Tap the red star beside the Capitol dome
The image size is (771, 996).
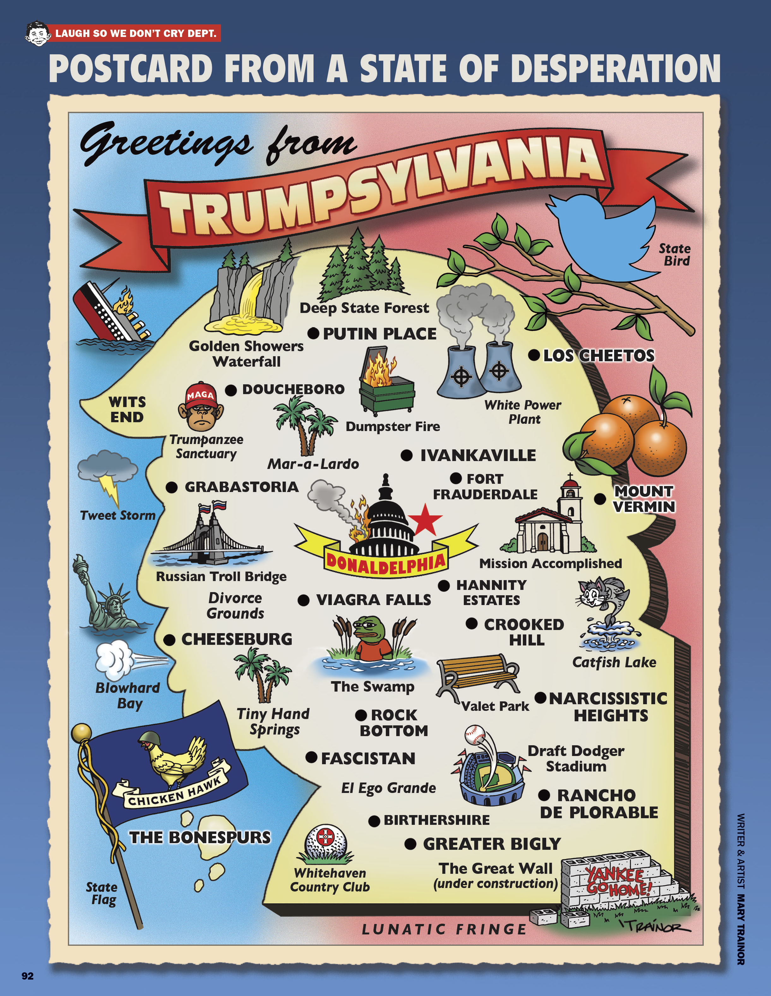(x=425, y=520)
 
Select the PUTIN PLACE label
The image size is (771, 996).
(x=380, y=334)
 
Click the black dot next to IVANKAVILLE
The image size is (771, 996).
(x=406, y=455)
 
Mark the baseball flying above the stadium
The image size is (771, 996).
(x=474, y=734)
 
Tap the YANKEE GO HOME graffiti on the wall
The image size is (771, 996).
(x=618, y=882)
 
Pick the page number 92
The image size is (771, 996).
(x=27, y=976)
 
